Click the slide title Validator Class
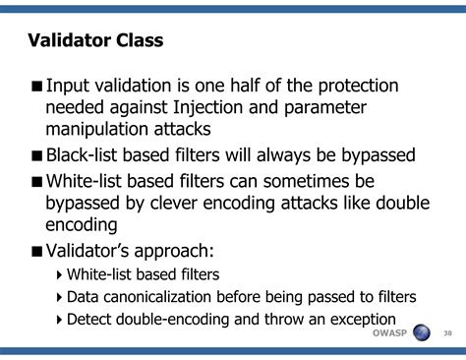point(94,41)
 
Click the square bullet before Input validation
point(35,87)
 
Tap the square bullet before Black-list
point(35,156)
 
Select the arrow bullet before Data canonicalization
point(59,297)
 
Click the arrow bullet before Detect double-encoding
point(59,320)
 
